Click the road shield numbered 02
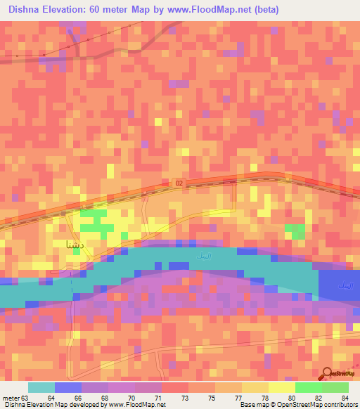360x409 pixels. pyautogui.click(x=179, y=183)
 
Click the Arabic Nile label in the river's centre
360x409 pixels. pyautogui.click(x=196, y=262)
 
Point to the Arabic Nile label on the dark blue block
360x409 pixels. pyautogui.click(x=345, y=285)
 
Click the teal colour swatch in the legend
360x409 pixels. pyautogui.click(x=41, y=387)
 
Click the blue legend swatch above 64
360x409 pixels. pyautogui.click(x=68, y=387)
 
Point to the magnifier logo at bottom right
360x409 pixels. pyautogui.click(x=327, y=375)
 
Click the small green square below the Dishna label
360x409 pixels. pyautogui.click(x=76, y=270)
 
